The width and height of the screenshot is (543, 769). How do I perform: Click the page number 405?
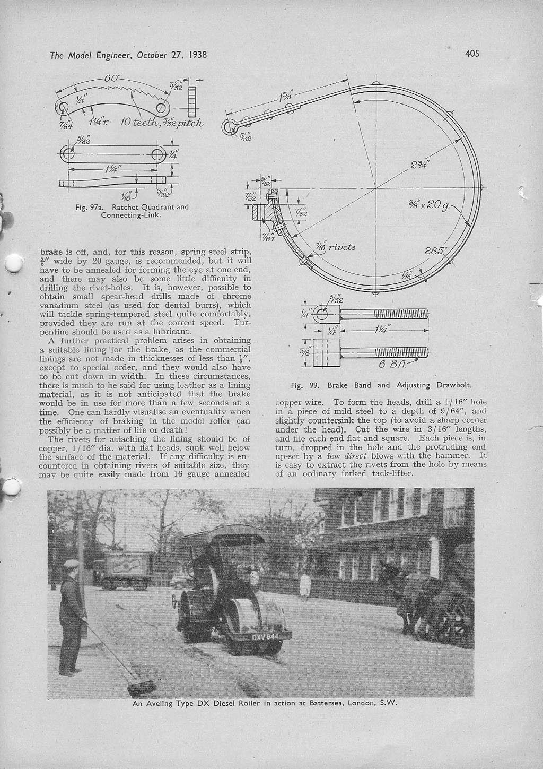point(472,53)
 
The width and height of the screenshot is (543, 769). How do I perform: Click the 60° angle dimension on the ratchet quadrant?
point(112,78)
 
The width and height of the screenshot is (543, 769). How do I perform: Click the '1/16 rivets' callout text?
point(335,247)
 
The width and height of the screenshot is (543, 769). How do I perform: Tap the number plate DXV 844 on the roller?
point(265,636)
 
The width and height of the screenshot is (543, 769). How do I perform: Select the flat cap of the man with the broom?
point(71,564)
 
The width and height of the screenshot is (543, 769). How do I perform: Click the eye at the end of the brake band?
point(229,126)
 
